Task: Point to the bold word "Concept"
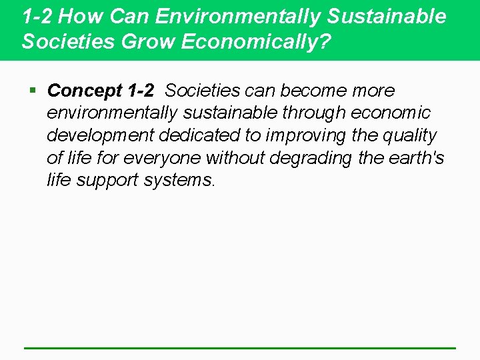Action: tap(85, 91)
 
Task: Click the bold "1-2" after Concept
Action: tap(141, 90)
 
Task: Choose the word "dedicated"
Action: tap(199, 135)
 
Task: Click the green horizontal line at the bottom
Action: tap(240, 347)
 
